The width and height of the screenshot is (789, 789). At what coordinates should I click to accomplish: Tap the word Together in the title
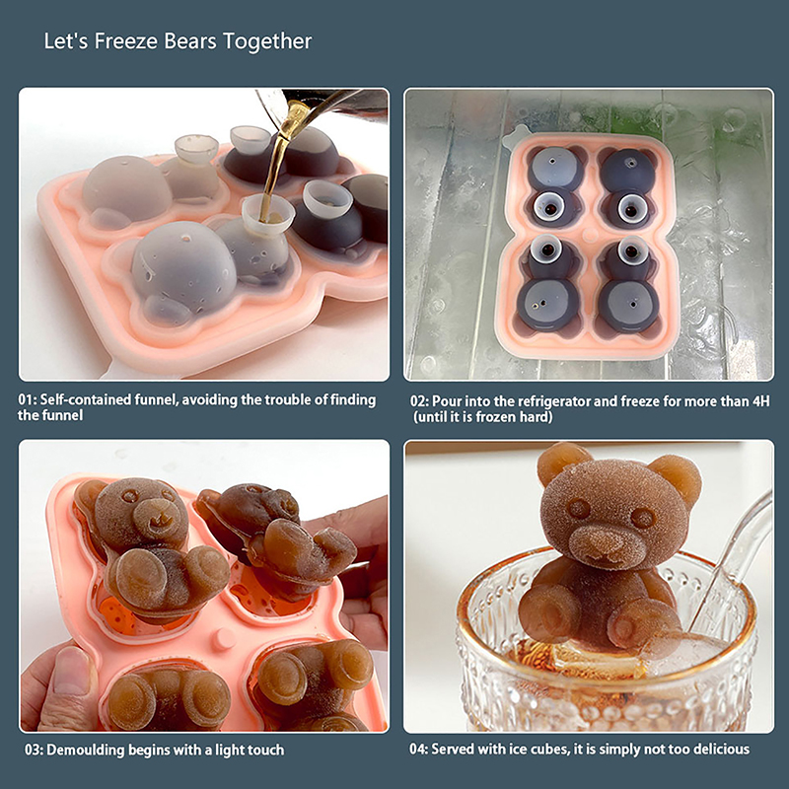[267, 42]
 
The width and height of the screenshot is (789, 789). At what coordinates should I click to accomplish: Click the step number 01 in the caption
[26, 400]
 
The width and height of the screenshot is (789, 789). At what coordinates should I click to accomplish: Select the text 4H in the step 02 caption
[760, 401]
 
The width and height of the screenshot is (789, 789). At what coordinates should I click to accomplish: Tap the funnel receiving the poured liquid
[266, 214]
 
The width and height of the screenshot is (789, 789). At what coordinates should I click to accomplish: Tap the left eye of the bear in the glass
[579, 508]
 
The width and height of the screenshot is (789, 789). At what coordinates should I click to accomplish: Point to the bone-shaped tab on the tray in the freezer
[516, 136]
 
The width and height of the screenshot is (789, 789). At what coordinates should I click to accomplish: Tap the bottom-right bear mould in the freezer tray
[627, 288]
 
